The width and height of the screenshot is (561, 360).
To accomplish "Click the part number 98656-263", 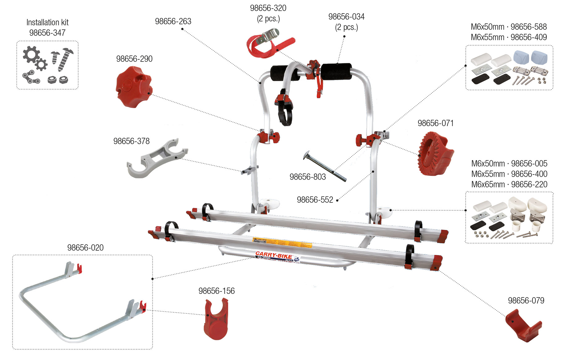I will pyautogui.click(x=173, y=21).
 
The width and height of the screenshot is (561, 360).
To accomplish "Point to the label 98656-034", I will pyautogui.click(x=346, y=17).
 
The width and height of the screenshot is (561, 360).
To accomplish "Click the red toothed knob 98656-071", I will pyautogui.click(x=435, y=154).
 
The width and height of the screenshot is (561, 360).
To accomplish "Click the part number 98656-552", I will pyautogui.click(x=315, y=200).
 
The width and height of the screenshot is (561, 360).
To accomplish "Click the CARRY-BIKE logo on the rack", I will pyautogui.click(x=274, y=255).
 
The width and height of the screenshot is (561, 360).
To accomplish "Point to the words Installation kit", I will pyautogui.click(x=47, y=22).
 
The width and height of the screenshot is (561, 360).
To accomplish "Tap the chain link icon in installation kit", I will pyautogui.click(x=31, y=77).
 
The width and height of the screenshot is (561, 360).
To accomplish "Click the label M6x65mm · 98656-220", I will pyautogui.click(x=509, y=184).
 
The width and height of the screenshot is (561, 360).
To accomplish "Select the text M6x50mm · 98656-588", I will pyautogui.click(x=508, y=27).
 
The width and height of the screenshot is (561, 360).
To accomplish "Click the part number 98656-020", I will pyautogui.click(x=85, y=248).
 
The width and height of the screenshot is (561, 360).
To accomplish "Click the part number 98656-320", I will pyautogui.click(x=268, y=8).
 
